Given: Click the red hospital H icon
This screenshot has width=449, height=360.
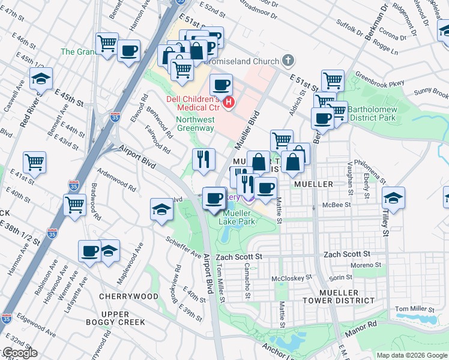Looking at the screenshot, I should (x=228, y=103).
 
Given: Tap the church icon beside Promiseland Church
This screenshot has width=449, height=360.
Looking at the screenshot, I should (x=289, y=61).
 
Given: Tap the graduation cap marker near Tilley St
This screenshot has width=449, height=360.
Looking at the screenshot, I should (x=393, y=197).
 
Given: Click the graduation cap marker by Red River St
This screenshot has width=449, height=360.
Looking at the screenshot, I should (x=41, y=79).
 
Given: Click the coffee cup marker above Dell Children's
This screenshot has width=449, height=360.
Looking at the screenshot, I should (x=221, y=85).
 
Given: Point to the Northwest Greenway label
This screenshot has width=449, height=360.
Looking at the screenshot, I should (x=195, y=124).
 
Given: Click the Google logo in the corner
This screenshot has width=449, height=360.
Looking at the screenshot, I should (x=19, y=353).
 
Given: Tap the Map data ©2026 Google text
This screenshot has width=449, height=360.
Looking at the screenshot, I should (x=412, y=355).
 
